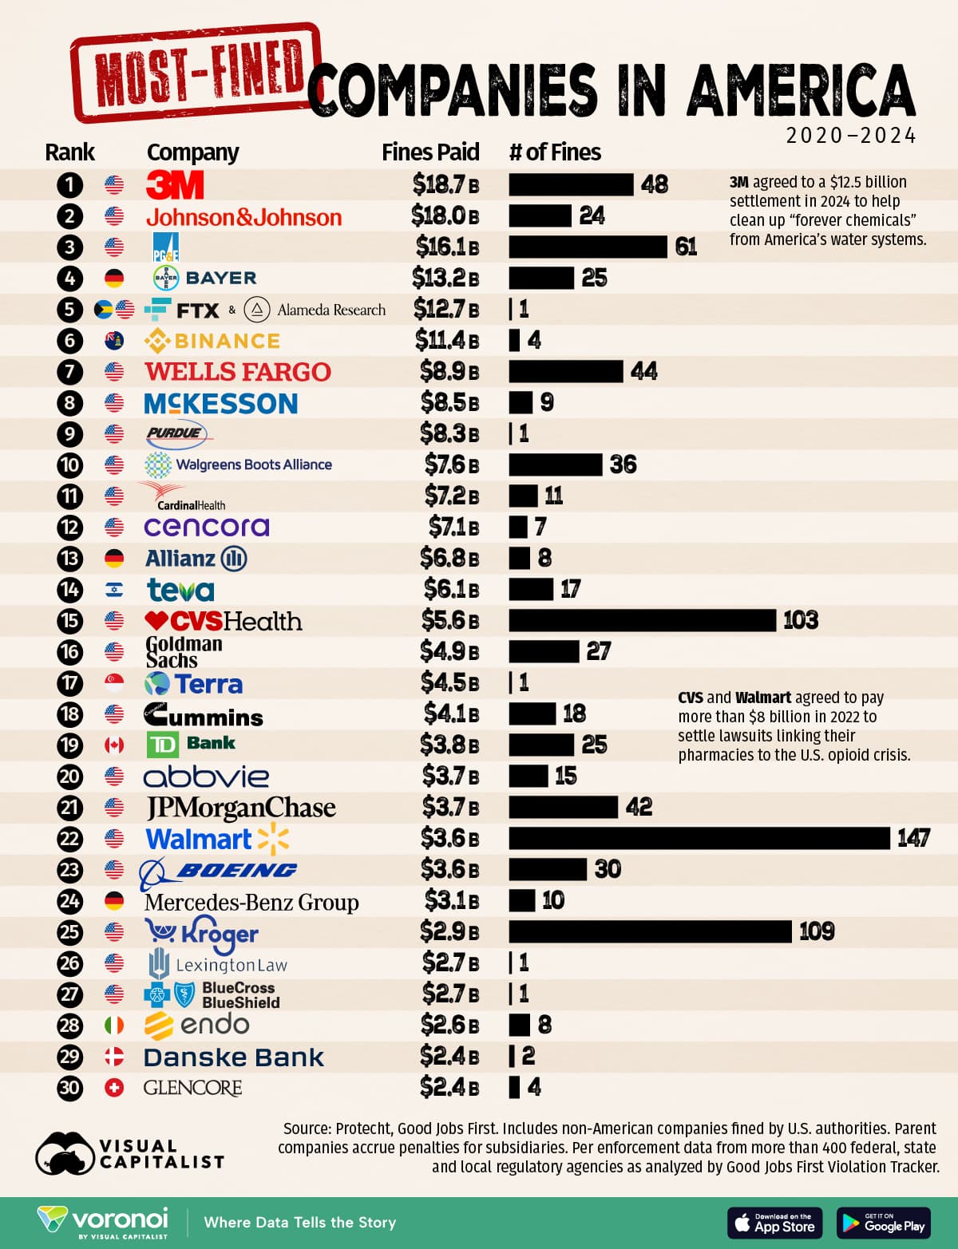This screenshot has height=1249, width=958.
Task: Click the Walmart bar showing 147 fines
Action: pyautogui.click(x=699, y=838)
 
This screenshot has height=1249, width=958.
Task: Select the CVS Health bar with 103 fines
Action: pyautogui.click(x=642, y=620)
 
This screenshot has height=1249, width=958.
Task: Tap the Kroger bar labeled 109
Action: pyautogui.click(x=650, y=931)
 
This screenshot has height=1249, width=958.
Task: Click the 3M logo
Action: pyautogui.click(x=176, y=185)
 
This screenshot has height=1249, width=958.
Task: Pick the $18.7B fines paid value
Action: pyautogui.click(x=445, y=185)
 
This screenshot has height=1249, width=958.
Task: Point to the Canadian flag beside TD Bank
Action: pyautogui.click(x=114, y=745)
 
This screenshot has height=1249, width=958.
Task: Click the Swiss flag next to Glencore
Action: pyautogui.click(x=114, y=1088)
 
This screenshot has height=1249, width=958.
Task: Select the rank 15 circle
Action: pyautogui.click(x=70, y=620)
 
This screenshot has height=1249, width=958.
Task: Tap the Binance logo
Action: pyautogui.click(x=212, y=341)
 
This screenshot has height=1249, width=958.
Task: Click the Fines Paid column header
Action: pyautogui.click(x=430, y=152)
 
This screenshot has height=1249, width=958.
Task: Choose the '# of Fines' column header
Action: pyautogui.click(x=555, y=152)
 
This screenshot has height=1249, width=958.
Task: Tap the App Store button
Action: pyautogui.click(x=774, y=1223)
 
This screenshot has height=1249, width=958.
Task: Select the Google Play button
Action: pyautogui.click(x=884, y=1223)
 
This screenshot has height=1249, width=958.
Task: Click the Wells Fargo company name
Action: pyautogui.click(x=238, y=372)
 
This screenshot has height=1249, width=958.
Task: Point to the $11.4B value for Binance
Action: pyautogui.click(x=447, y=341)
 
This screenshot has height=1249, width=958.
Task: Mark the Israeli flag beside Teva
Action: pyautogui.click(x=114, y=590)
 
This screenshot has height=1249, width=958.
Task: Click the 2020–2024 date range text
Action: pyautogui.click(x=851, y=136)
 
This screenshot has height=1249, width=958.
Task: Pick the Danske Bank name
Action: pyautogui.click(x=234, y=1057)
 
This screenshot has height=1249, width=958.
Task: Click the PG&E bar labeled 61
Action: pyautogui.click(x=588, y=247)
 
